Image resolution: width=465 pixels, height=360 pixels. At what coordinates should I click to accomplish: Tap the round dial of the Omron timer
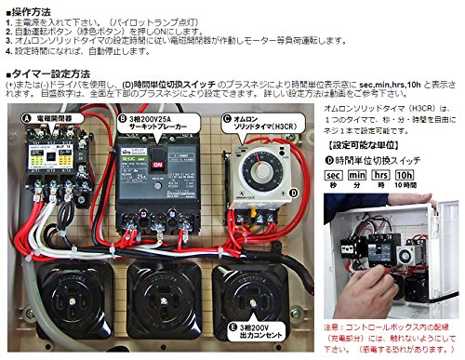tap(251, 161)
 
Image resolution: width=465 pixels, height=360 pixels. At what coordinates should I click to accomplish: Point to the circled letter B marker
tap(122, 119)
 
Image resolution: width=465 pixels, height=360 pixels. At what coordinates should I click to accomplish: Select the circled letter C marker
tap(227, 119)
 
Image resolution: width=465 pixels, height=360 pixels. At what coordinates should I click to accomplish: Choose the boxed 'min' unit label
tap(355, 174)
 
